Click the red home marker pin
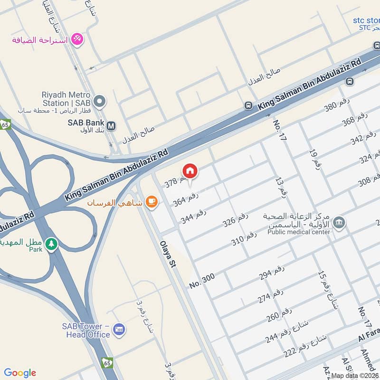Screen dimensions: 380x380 [190, 171]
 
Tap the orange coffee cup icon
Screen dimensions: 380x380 [151, 202]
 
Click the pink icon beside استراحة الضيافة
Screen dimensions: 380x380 [77, 39]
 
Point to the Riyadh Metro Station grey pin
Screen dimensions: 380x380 [99, 101]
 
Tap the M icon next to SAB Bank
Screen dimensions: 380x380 [111, 126]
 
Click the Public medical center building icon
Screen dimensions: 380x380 [339, 222]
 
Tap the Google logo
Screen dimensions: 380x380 [20, 373]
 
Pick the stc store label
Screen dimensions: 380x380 [366, 20]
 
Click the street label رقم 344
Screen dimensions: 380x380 [193, 217]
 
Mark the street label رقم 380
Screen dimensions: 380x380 [336, 107]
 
